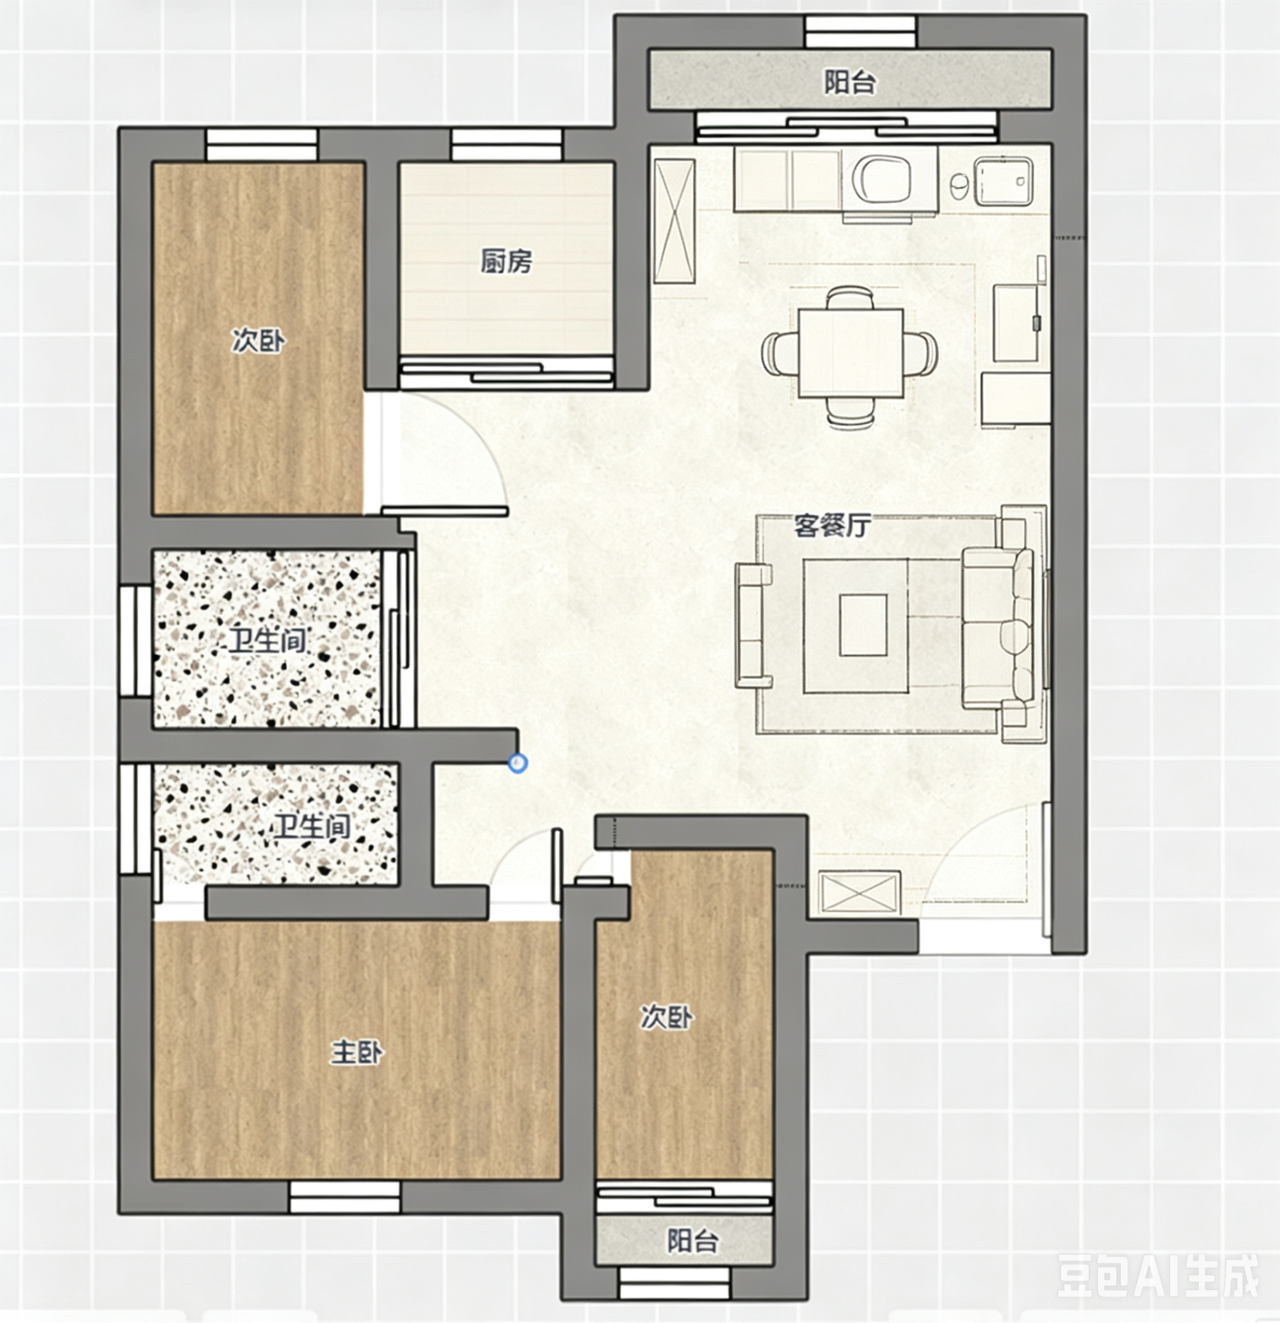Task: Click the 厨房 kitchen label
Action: [x=506, y=261]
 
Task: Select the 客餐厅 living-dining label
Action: [x=833, y=525]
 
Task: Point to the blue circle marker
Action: [x=518, y=763]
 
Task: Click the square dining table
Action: [x=851, y=353]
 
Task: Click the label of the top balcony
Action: [x=850, y=83]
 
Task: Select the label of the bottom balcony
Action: [x=692, y=1240]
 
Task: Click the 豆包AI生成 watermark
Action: [x=1158, y=1274]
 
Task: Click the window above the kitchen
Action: [x=506, y=145]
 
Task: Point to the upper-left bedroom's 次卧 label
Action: [x=259, y=341]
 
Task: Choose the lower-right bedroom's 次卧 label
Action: [x=667, y=1017]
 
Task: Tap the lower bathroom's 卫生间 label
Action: [x=311, y=827]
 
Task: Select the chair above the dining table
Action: [x=850, y=298]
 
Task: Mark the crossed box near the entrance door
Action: [x=860, y=893]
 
